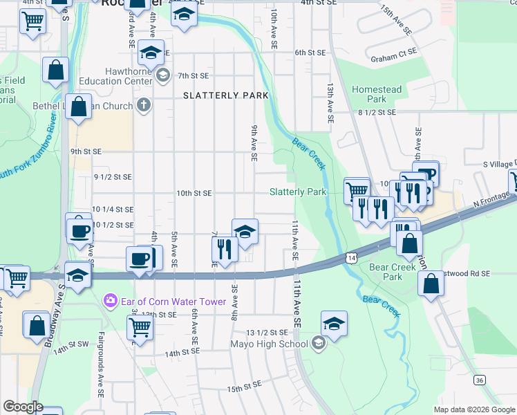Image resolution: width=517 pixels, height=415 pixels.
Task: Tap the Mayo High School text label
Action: (275, 344)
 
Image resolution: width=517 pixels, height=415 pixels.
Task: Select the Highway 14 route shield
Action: (352, 257)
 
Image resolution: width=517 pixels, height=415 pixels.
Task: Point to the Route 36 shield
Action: (479, 380)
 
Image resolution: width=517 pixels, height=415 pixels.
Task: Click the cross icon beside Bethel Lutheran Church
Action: (143, 106)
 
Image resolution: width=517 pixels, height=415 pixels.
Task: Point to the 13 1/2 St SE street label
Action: (266, 332)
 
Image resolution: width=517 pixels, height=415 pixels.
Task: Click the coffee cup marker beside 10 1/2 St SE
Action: (79, 230)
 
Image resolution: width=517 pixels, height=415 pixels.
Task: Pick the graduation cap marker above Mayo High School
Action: (334, 324)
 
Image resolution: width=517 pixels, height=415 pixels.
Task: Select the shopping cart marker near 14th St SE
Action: (140, 329)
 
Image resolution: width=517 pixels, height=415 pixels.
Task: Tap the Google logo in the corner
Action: (23, 407)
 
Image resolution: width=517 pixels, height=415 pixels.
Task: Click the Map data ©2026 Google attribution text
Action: (473, 409)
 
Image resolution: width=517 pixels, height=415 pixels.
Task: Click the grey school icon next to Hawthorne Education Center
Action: (163, 74)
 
